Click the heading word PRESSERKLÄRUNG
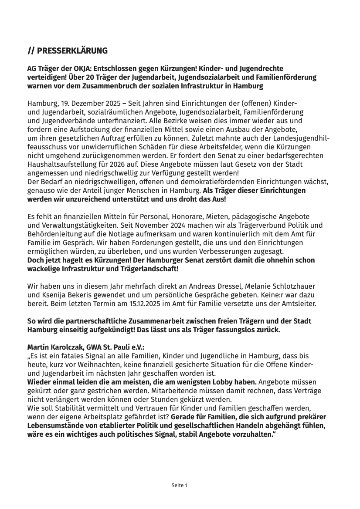[x=72, y=51]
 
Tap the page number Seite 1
[x=180, y=485]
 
